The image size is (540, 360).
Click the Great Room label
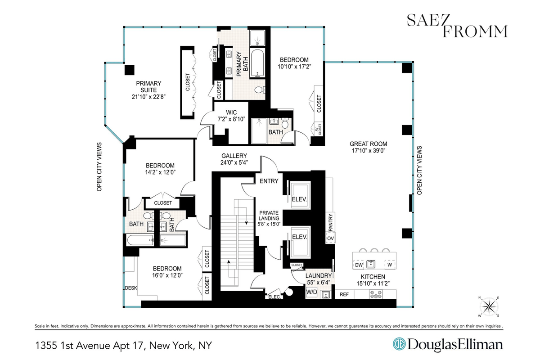[369, 144]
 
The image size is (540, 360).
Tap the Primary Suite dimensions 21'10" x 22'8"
[148, 97]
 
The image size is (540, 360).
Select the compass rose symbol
[489, 307]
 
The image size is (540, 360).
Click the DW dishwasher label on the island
[359, 265]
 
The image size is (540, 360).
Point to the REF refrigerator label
[344, 294]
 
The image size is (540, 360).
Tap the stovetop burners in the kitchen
[376, 294]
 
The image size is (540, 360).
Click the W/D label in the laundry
[312, 292]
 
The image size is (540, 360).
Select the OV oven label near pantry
[330, 238]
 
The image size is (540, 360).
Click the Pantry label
[330, 222]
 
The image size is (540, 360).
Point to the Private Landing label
[269, 216]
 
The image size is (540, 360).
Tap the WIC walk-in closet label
[231, 112]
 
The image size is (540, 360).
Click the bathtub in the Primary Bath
[257, 63]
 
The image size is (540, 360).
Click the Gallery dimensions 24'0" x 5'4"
[234, 162]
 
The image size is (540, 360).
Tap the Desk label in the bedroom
[131, 288]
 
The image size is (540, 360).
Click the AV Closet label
[319, 129]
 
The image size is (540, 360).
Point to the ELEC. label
[274, 297]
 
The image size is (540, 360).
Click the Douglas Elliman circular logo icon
[399, 344]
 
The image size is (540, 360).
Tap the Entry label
[269, 181]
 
